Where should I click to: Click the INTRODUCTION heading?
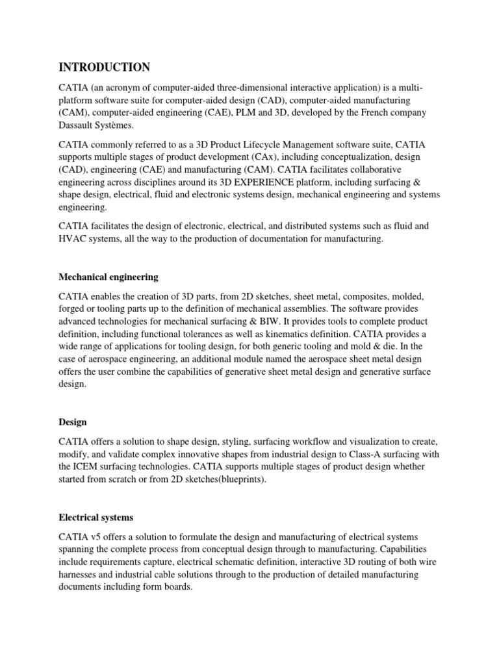click(x=105, y=68)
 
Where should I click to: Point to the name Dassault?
click(x=80, y=125)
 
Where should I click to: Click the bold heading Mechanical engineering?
click(x=109, y=277)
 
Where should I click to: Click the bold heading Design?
click(x=73, y=403)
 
